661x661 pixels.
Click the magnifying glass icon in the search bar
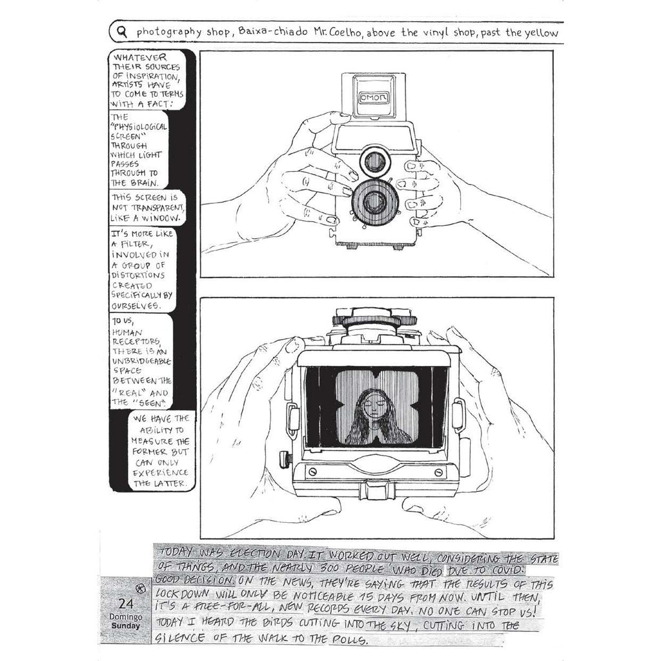tap(122, 32)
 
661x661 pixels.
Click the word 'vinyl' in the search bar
tap(436, 32)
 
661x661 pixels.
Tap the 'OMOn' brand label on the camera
tap(374, 98)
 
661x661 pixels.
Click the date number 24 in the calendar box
tap(126, 604)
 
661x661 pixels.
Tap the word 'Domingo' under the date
tap(126, 616)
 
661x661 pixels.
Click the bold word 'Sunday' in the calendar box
tap(126, 625)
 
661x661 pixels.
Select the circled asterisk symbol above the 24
tap(141, 589)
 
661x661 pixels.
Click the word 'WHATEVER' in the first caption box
tap(139, 57)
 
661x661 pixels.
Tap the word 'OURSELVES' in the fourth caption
tap(136, 305)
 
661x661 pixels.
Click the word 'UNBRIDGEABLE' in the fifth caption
tap(141, 361)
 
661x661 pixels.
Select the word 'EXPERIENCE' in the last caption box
tap(161, 473)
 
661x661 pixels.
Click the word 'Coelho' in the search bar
tap(347, 32)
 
